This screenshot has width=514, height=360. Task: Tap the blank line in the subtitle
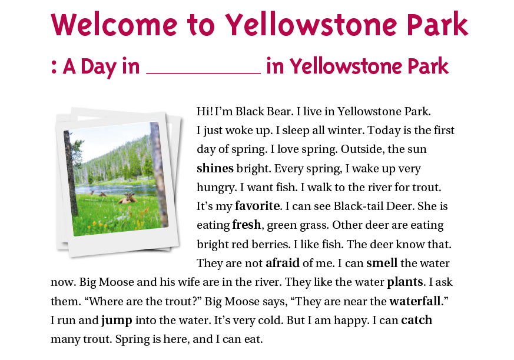tap(203, 74)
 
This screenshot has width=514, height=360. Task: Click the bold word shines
tap(215, 168)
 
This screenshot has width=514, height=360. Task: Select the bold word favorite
tap(258, 206)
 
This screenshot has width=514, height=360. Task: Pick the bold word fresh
tap(247, 225)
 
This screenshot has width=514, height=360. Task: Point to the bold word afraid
tap(283, 263)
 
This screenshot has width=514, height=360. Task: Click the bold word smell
tap(382, 263)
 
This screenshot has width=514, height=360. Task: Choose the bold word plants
tap(405, 282)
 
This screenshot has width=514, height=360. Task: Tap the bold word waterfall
tap(414, 301)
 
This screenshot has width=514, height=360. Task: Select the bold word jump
tap(117, 321)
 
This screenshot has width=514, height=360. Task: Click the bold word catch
tap(417, 320)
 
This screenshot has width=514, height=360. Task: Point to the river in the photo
tap(115, 189)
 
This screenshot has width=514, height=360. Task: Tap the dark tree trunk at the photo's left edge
tap(71, 174)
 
